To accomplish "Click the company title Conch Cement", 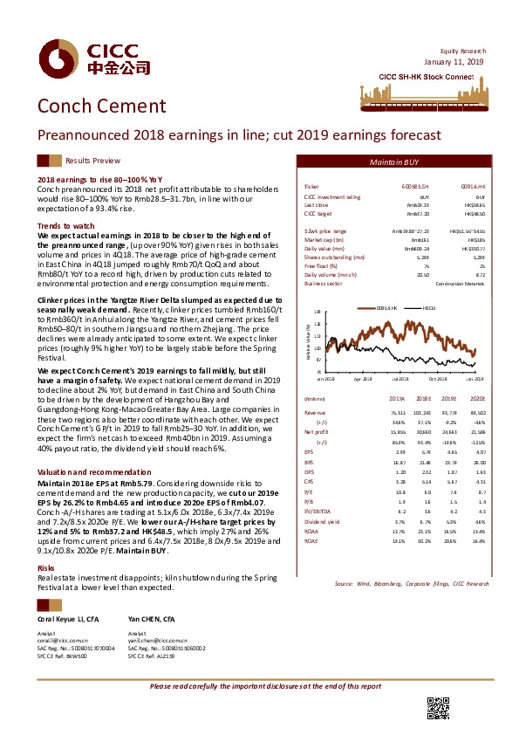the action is (92, 106).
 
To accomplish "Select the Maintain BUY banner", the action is (394, 162).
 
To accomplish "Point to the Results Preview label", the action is (92, 161).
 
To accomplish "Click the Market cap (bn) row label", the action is (324, 237).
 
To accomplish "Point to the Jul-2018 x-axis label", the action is (400, 377).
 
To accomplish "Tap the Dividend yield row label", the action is (321, 495).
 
